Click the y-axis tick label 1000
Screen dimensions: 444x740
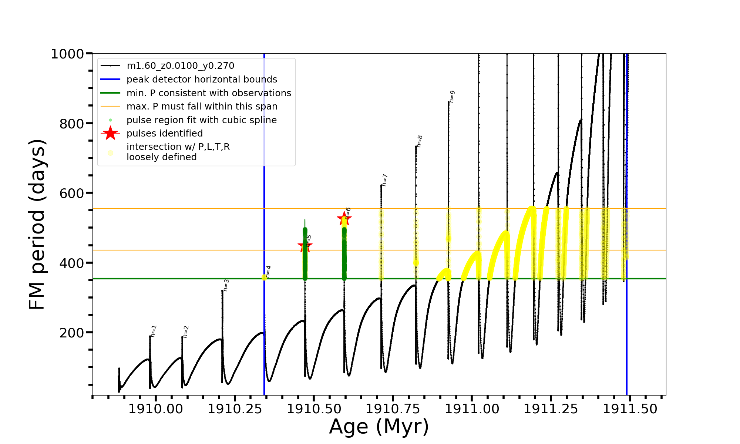[67, 54]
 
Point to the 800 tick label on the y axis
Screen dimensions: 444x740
[72, 124]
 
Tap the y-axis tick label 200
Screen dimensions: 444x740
[72, 333]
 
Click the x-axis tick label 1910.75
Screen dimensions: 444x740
[393, 409]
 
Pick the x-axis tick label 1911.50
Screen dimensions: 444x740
[630, 409]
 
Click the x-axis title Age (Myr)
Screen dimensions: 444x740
[379, 427]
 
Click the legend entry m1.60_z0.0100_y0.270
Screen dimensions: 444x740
[180, 66]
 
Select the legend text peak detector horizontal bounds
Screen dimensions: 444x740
[202, 80]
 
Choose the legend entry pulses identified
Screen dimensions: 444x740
[165, 134]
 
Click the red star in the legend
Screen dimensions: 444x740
[110, 134]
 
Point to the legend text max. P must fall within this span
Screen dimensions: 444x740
[202, 107]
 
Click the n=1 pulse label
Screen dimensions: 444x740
[154, 331]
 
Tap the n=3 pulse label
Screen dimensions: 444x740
[226, 285]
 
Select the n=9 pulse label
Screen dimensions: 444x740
[452, 97]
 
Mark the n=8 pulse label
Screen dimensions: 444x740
[420, 141]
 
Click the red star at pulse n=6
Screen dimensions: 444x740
[344, 218]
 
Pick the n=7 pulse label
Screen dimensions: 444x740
[385, 180]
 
